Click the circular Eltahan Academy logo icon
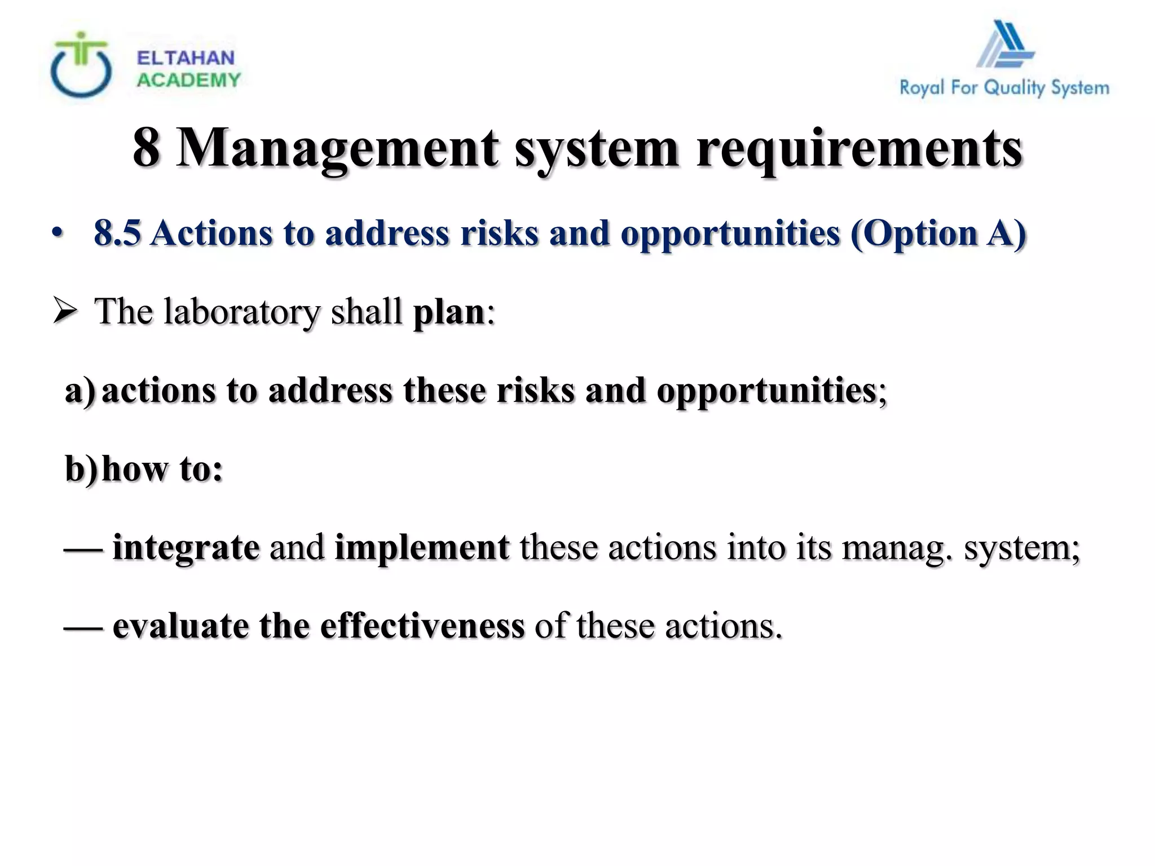tap(81, 66)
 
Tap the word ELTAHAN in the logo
tap(186, 58)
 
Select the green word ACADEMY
tap(188, 81)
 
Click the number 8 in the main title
tap(146, 148)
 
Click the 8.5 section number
tap(117, 233)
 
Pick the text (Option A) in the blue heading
tap(938, 233)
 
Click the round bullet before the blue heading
tap(56, 233)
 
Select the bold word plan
tap(449, 312)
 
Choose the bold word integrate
tap(186, 547)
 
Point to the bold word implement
tap(422, 547)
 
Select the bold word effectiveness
tap(422, 626)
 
